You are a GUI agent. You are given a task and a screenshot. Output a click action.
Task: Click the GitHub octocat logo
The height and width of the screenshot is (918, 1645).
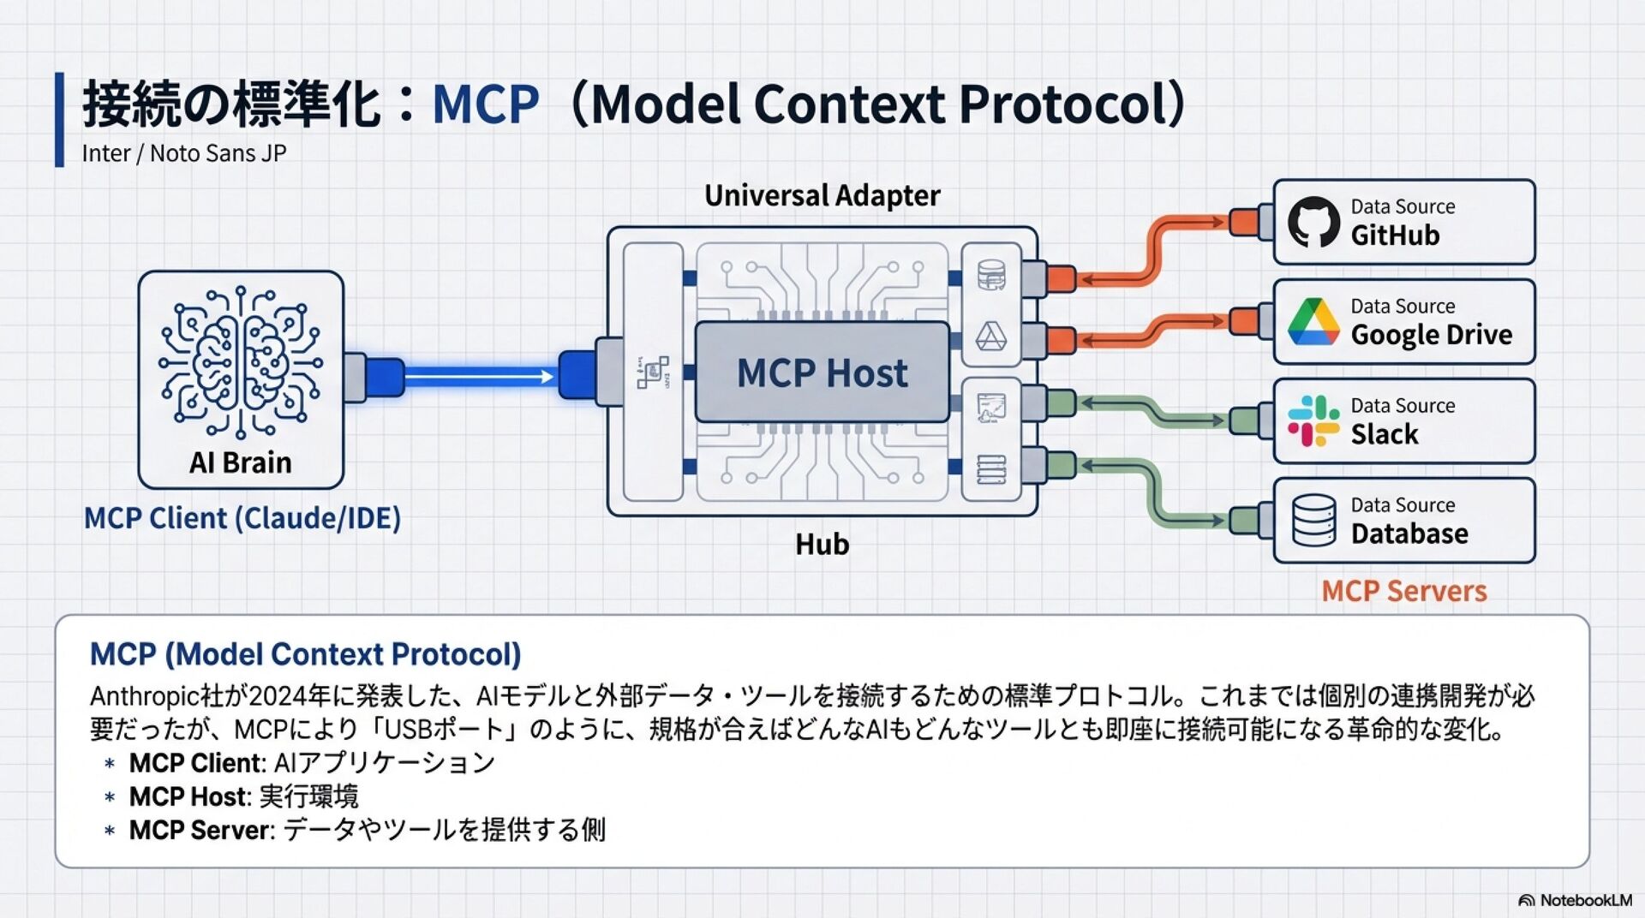pyautogui.click(x=1313, y=222)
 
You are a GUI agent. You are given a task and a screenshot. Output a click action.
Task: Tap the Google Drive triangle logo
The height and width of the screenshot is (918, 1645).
pyautogui.click(x=1313, y=322)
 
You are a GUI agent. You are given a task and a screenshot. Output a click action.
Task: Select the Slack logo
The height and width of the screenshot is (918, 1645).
pyautogui.click(x=1313, y=420)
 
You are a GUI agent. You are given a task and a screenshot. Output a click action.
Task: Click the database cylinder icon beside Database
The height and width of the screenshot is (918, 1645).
pyautogui.click(x=1313, y=521)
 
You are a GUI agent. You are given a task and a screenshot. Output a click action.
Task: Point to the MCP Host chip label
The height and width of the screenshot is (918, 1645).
pyautogui.click(x=822, y=373)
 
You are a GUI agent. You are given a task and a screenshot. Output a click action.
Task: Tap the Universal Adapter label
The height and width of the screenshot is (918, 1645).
pyautogui.click(x=822, y=195)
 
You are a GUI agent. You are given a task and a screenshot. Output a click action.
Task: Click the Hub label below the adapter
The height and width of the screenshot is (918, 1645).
pyautogui.click(x=822, y=544)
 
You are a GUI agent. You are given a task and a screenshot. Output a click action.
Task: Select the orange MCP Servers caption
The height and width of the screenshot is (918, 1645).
pyautogui.click(x=1403, y=591)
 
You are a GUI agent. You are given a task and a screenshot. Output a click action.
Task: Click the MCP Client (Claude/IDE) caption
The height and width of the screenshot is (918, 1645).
pyautogui.click(x=242, y=518)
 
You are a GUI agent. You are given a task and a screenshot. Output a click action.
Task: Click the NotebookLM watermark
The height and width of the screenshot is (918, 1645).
pyautogui.click(x=1576, y=900)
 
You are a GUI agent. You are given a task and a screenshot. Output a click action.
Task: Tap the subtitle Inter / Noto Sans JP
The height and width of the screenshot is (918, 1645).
pyautogui.click(x=184, y=153)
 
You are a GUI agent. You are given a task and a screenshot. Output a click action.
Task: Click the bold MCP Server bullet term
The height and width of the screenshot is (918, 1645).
pyautogui.click(x=200, y=830)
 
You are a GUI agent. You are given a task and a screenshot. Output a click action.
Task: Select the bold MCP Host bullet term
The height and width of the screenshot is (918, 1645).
pyautogui.click(x=188, y=796)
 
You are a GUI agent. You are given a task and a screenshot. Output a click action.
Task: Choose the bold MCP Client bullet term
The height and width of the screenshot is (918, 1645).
pyautogui.click(x=195, y=762)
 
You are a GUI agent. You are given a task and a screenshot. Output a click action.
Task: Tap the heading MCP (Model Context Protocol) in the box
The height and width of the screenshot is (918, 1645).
pyautogui.click(x=305, y=654)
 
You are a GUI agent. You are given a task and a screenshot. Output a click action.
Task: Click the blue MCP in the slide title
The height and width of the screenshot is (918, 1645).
pyautogui.click(x=485, y=104)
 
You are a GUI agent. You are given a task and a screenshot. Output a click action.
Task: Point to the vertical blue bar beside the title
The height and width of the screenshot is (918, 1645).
pyautogui.click(x=59, y=119)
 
